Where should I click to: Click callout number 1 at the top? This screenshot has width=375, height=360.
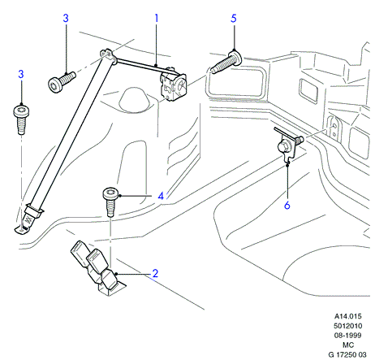(x=156, y=19)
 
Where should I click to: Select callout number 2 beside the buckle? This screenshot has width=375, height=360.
(x=155, y=273)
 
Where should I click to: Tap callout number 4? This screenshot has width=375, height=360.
(x=161, y=196)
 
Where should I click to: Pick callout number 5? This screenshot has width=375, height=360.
(x=234, y=19)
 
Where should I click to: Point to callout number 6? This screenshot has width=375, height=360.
(x=287, y=205)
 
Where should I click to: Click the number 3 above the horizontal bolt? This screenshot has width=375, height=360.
(x=66, y=19)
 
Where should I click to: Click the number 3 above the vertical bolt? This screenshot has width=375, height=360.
(x=21, y=74)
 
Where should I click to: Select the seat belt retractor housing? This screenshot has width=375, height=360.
(x=173, y=85)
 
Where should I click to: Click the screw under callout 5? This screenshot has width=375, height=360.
(x=226, y=63)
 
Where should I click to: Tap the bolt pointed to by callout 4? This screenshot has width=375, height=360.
(x=110, y=202)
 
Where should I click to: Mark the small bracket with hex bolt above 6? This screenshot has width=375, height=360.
(x=288, y=145)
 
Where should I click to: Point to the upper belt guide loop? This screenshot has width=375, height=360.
(x=109, y=55)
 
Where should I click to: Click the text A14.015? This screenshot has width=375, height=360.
(x=348, y=316)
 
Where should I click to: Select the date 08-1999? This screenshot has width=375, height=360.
(x=348, y=336)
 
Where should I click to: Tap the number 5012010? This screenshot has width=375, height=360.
(x=348, y=326)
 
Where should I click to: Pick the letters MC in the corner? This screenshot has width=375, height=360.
(x=348, y=345)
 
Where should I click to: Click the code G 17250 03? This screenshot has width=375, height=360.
(x=347, y=354)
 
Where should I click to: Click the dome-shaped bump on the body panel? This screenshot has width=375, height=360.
(x=133, y=99)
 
